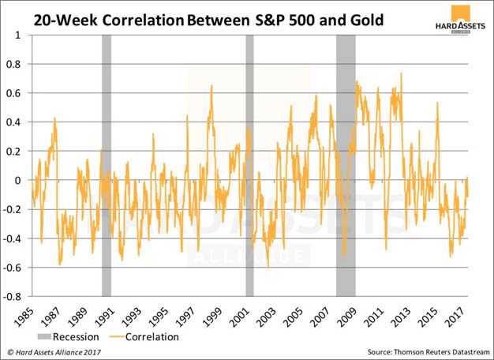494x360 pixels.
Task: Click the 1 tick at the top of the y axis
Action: (x=17, y=36)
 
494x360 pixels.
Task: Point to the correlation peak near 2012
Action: (x=402, y=74)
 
